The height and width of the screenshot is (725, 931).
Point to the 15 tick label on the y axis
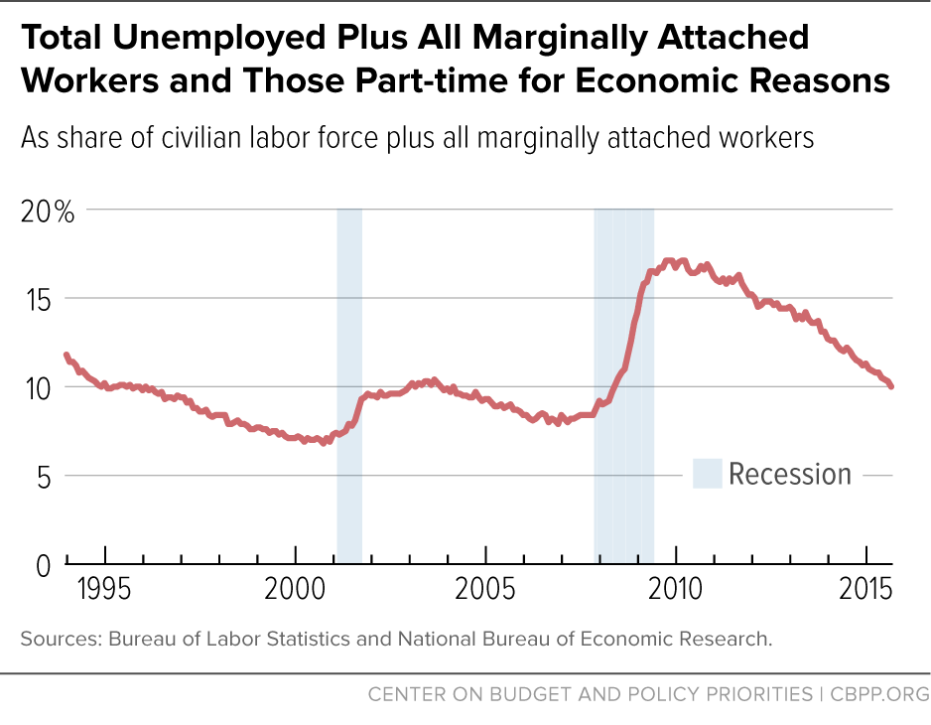(x=37, y=299)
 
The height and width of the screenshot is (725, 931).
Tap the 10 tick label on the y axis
(x=37, y=387)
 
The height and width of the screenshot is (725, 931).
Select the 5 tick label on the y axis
(x=43, y=476)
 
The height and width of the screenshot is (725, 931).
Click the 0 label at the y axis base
(x=43, y=563)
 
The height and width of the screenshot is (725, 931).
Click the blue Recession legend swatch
(x=707, y=474)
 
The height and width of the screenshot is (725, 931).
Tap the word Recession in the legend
(x=790, y=474)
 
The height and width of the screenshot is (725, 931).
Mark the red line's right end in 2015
(x=891, y=386)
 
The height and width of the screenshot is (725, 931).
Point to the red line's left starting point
(x=66, y=355)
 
